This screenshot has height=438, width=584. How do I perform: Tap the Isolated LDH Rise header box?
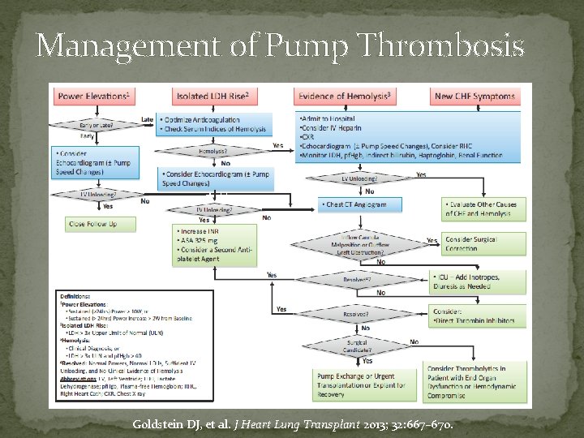pos(213,97)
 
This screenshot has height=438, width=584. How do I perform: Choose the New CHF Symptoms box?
pos(474,97)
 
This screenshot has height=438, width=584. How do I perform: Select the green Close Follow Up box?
pos(94,223)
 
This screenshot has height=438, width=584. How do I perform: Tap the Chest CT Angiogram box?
pos(357,204)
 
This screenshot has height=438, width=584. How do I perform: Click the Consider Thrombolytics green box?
pos(478,384)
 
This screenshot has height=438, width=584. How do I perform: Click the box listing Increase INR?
pos(214,241)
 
